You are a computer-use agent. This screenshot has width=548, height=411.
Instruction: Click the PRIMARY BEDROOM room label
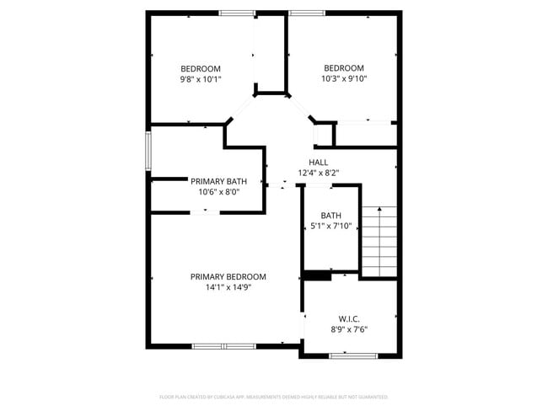point(228,277)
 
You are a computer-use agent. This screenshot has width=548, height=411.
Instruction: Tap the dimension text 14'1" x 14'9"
point(228,287)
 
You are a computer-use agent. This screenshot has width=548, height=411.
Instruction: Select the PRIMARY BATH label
point(218,181)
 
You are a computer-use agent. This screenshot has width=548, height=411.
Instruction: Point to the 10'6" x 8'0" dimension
point(218,191)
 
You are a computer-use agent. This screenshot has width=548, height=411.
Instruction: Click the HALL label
point(319,163)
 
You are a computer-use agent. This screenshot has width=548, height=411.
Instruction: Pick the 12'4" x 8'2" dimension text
point(319,173)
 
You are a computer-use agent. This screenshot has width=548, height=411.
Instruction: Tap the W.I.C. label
point(349,319)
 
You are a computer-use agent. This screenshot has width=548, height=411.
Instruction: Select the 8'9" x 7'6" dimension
point(349,329)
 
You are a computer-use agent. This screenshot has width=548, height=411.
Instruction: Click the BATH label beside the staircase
point(331,216)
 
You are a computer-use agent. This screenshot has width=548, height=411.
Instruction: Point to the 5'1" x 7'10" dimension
point(331,226)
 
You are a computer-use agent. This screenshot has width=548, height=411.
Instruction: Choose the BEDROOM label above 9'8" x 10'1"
point(201,69)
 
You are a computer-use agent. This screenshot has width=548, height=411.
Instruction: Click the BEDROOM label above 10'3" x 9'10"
point(344,68)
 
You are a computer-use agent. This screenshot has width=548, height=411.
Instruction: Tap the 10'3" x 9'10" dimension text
point(344,78)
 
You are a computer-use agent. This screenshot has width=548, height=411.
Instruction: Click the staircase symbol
point(379,241)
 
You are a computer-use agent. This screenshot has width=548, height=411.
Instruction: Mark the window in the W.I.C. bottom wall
point(352,355)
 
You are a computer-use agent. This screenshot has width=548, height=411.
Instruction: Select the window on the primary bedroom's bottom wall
point(223,345)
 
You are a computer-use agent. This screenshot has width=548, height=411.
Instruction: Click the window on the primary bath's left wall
point(148,151)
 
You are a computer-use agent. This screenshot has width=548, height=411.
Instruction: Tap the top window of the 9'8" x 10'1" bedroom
point(237,13)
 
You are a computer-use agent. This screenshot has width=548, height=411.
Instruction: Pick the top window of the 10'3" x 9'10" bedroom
point(307,13)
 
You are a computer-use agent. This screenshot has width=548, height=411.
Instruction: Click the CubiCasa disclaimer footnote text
point(274,396)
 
